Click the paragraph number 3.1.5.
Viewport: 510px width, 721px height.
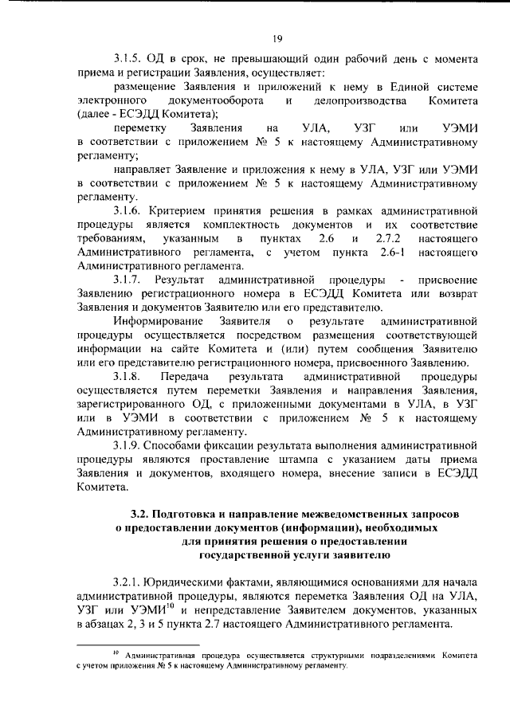[127, 60]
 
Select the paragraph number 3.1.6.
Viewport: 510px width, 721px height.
[127, 210]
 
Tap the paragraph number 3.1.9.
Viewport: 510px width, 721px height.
[127, 442]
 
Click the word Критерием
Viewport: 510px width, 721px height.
[183, 210]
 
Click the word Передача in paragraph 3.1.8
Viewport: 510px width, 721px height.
[183, 376]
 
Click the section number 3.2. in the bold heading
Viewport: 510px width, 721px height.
[140, 512]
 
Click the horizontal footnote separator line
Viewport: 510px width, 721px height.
[137, 643]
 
